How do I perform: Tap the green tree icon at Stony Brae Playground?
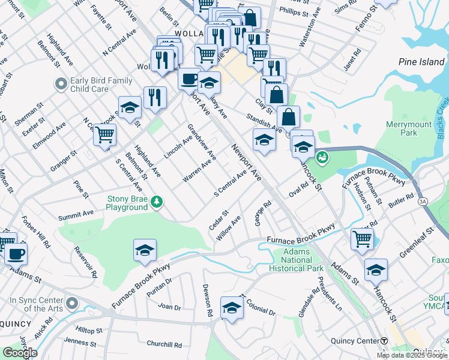coord(157,200)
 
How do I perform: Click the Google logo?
coord(20,352)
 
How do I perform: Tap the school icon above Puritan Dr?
coord(145,250)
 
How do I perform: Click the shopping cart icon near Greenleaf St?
coord(363,238)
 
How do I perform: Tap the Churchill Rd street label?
coord(164,344)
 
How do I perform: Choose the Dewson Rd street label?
coord(208,300)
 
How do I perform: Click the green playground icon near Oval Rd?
coord(322,158)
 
